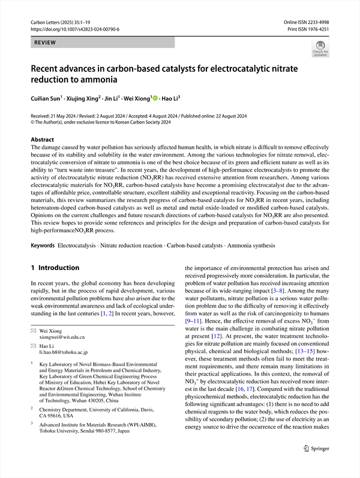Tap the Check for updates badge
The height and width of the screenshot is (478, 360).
coord(319,48)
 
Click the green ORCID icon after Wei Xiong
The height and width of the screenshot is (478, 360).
coord(155,98)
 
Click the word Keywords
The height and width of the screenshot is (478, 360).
coord(43,246)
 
